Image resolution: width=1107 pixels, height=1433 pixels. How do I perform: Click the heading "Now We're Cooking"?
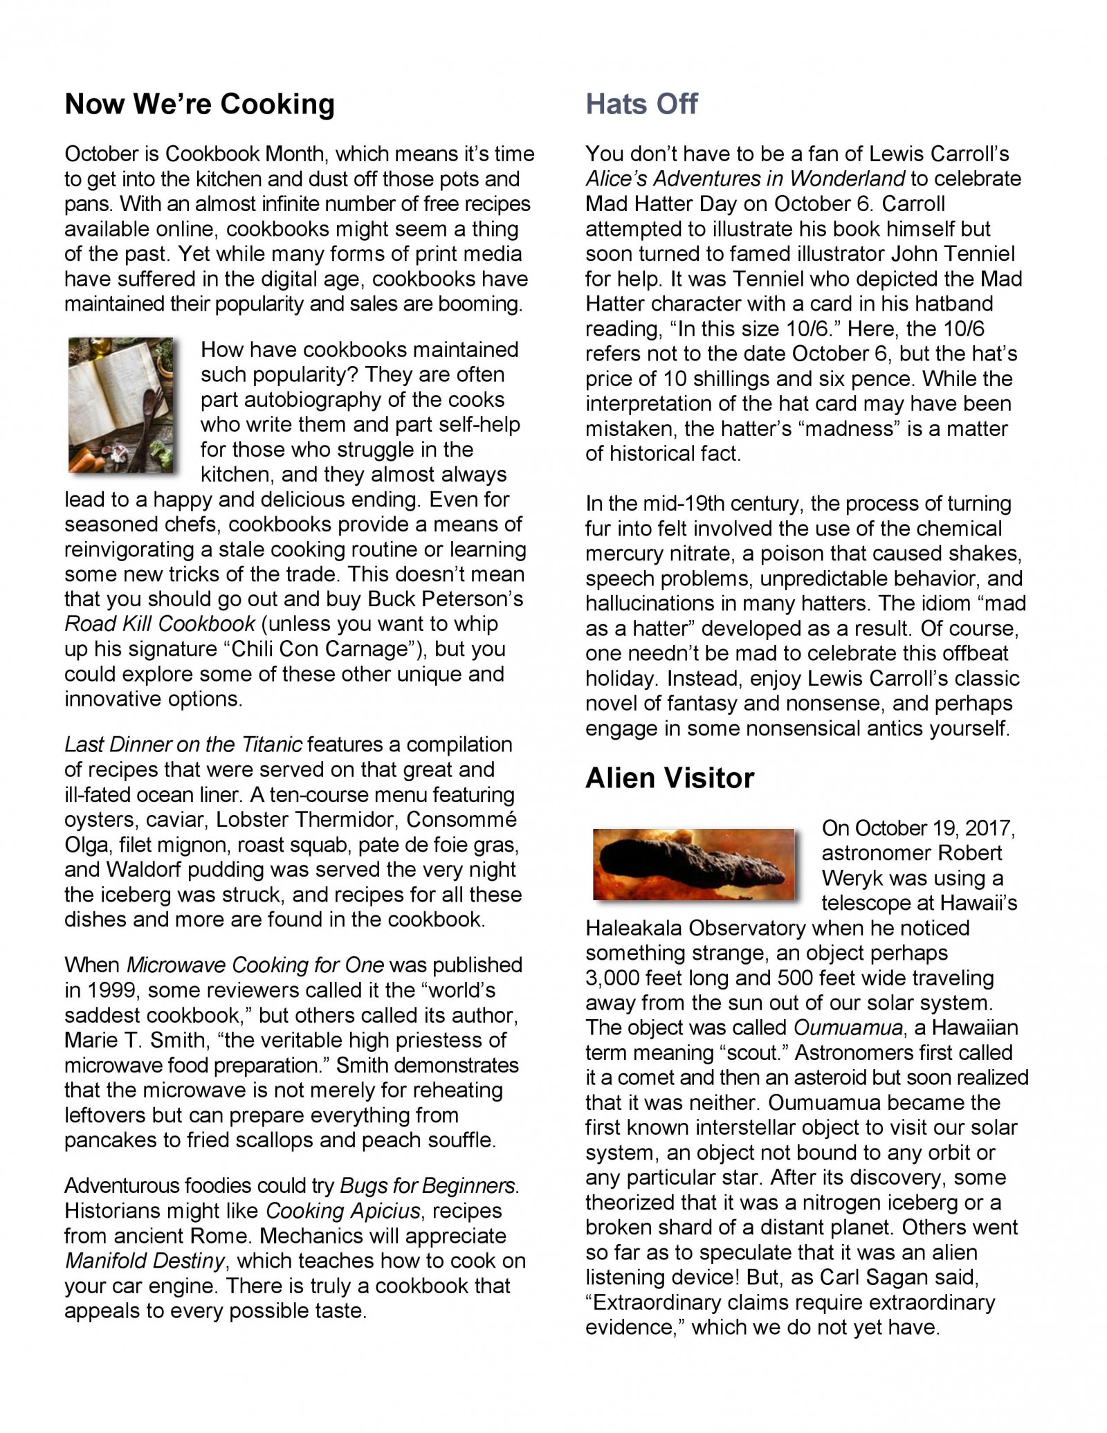coord(199,104)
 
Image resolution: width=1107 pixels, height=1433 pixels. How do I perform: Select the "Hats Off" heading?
coord(641,104)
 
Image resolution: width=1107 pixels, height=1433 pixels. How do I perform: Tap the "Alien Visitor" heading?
coord(669,778)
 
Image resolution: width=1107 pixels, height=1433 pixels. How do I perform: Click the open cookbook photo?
coord(120,405)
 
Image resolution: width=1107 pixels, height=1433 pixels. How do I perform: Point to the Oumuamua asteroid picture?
coord(693,864)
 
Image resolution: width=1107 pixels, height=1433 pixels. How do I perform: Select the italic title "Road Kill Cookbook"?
coord(160,624)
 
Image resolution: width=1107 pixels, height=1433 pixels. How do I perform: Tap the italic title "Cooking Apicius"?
coord(343,1211)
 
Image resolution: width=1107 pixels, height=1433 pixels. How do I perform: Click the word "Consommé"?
coord(461,819)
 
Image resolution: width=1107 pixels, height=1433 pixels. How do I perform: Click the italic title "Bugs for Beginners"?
coord(428,1186)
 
